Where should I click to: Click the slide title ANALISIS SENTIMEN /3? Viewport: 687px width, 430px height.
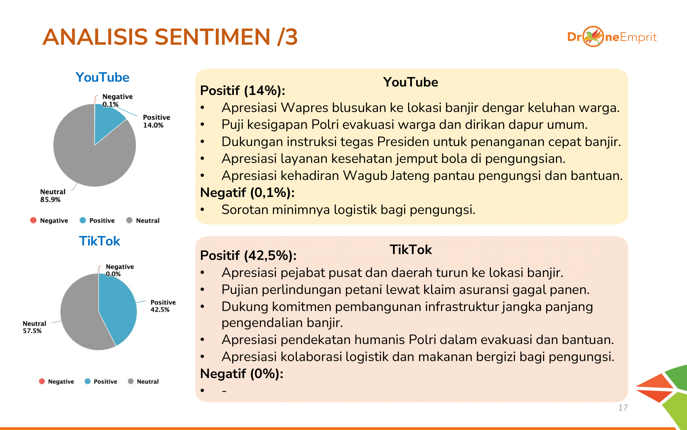pos(170,37)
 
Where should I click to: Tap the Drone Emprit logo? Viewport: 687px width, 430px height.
pos(612,37)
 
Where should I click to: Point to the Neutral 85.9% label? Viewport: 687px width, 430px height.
pos(53,196)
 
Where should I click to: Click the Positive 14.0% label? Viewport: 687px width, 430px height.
pos(156,121)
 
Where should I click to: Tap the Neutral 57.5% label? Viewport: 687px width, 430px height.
pos(34,327)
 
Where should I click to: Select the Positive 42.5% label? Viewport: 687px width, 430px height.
pos(163,306)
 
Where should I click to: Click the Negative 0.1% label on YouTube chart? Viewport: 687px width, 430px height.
pos(117,100)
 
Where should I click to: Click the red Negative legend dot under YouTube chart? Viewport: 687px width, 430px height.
pos(33,220)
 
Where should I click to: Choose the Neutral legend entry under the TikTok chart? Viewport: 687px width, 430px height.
pos(143,381)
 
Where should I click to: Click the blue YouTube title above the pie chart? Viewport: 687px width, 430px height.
pos(102,77)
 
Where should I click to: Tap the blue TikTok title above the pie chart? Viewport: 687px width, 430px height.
pos(100,241)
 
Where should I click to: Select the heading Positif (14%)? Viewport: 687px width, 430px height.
pos(243,90)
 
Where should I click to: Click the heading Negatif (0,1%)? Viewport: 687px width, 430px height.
pos(247,193)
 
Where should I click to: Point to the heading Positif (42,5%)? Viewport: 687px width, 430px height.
pos(248,256)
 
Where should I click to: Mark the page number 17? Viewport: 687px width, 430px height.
pos(623,408)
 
